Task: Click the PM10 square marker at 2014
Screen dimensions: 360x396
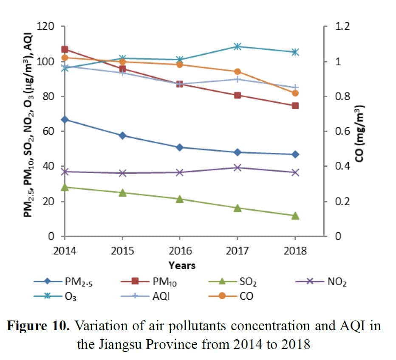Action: pyautogui.click(x=65, y=50)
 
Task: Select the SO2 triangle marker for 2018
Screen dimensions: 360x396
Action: pyautogui.click(x=295, y=216)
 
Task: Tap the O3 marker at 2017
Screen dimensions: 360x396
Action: pyautogui.click(x=238, y=46)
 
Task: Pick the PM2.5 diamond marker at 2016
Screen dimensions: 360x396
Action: pyautogui.click(x=180, y=147)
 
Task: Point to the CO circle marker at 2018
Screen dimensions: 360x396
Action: pyautogui.click(x=295, y=93)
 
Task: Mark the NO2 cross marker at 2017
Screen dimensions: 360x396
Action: pyautogui.click(x=238, y=167)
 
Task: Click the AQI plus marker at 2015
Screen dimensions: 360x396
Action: pyautogui.click(x=122, y=73)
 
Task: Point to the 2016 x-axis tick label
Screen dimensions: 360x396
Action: pyautogui.click(x=180, y=250)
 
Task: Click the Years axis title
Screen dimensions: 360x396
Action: pyautogui.click(x=182, y=266)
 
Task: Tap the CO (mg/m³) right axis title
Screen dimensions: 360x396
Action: pyautogui.click(x=362, y=132)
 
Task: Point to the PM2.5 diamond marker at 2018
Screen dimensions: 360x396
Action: pyautogui.click(x=295, y=155)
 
